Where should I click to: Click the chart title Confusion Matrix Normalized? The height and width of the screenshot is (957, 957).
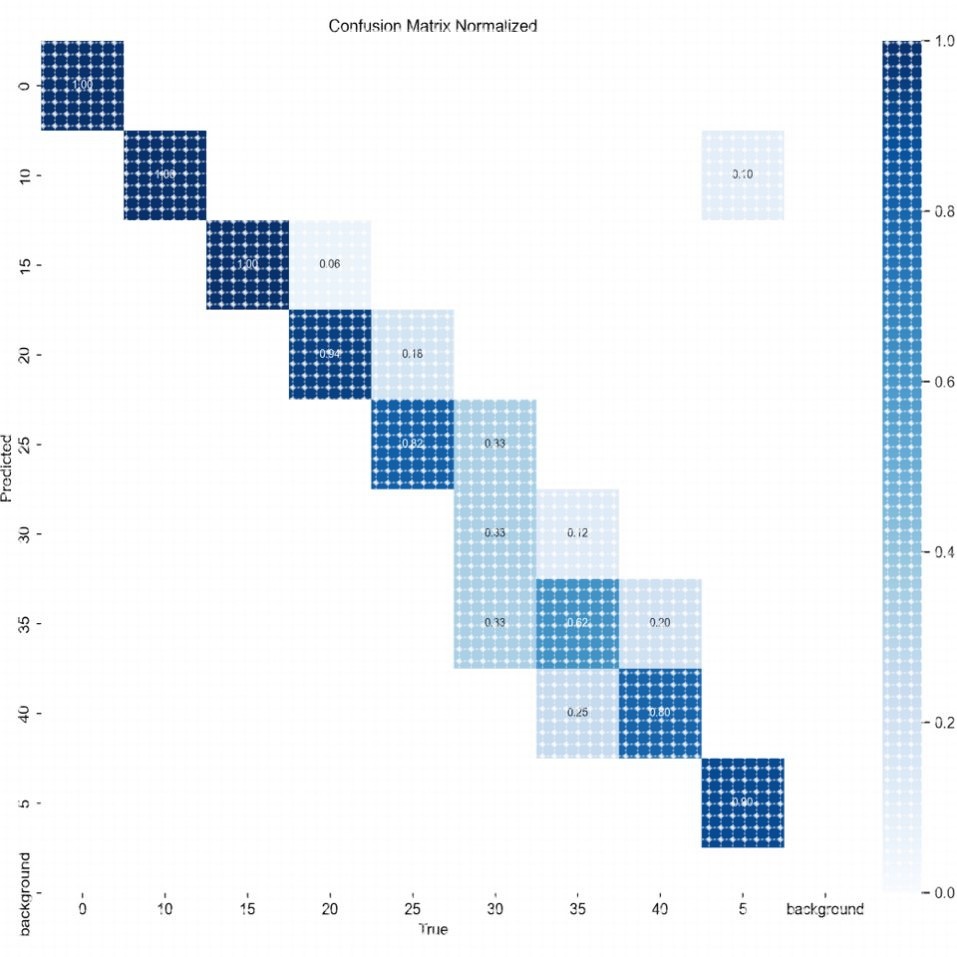coord(433,25)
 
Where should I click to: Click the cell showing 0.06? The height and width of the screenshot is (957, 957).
coord(329,265)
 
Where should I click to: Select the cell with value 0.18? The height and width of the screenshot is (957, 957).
coord(412,354)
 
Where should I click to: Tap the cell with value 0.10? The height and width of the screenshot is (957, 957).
coord(742,174)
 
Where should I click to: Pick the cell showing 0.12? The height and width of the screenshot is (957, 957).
coord(577,533)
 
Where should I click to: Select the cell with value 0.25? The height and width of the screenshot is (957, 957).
coord(577,713)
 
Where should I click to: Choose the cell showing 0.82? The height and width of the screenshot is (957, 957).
coord(412,443)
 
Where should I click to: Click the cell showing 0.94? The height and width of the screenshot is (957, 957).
coord(329,354)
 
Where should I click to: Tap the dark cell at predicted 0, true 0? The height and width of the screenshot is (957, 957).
coord(82,86)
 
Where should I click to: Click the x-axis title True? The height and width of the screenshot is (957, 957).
coord(433,930)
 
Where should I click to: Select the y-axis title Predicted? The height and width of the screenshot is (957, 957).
coord(8,465)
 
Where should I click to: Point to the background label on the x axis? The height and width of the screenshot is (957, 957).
coord(825,910)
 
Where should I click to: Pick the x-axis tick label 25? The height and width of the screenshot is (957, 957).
coord(412,910)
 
